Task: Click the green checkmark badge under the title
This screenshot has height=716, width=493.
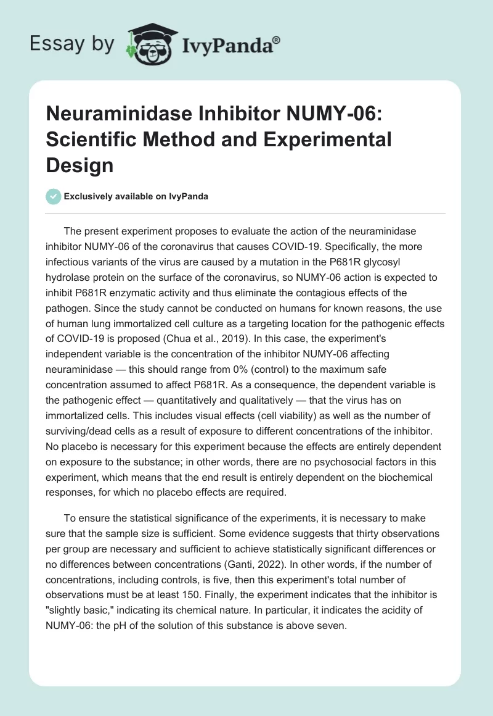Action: tap(53, 196)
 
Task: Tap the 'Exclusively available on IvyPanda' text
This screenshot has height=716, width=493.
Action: tap(136, 196)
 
